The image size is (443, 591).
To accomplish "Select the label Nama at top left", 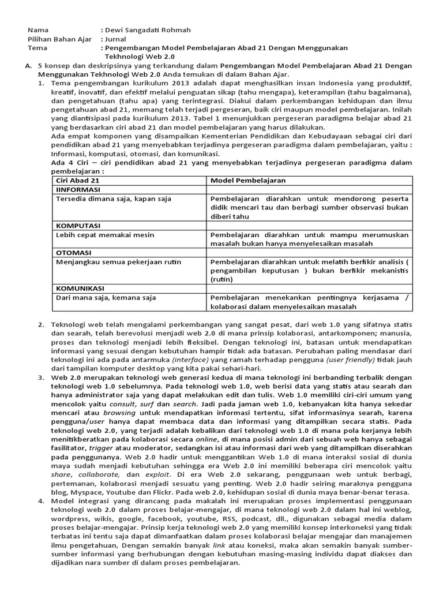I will click(38, 29).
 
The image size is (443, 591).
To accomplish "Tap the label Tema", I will click(37, 48).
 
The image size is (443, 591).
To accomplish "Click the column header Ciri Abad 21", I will click(77, 181).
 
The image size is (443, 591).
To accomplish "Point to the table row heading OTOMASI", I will click(74, 253).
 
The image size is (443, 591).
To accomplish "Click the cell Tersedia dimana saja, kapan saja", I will click(113, 199).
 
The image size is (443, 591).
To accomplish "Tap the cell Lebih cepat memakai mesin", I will click(102, 235).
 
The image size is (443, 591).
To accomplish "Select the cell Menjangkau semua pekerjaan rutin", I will click(118, 262).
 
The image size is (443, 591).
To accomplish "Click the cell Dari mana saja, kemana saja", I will click(106, 298).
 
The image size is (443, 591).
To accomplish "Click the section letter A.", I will click(28, 66).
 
